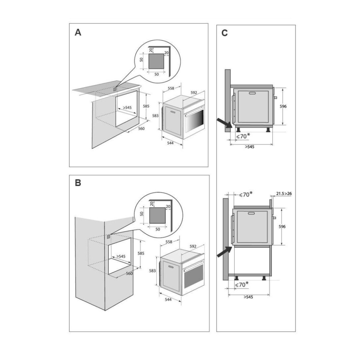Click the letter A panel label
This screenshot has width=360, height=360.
pos(78,32)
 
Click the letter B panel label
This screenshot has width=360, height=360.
pos(78,183)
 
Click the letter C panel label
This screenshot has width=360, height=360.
pos(224,33)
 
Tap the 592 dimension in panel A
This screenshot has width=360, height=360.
pos(193,93)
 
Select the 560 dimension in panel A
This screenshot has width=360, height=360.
pos(141,129)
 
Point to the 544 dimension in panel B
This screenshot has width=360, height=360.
pos(168,300)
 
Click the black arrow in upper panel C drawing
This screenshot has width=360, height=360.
pos(224,123)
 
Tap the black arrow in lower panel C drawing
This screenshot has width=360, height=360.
pos(224,251)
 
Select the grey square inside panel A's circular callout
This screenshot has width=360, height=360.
pos(156,61)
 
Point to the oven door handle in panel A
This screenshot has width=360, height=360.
pos(172,111)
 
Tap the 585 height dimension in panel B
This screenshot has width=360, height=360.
pos(141,253)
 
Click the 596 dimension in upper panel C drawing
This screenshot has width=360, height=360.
pos(283,106)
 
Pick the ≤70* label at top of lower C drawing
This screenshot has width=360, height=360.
pos(245,194)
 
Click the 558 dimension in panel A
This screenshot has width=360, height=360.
pos(171,88)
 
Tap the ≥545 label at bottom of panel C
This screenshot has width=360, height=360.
pos(249,297)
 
